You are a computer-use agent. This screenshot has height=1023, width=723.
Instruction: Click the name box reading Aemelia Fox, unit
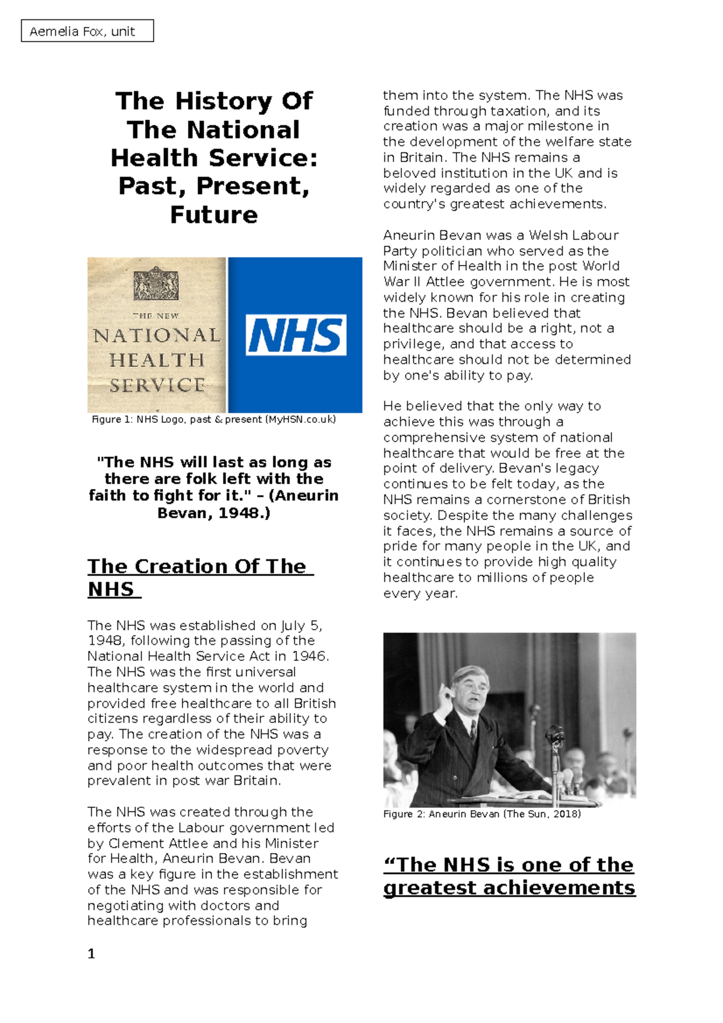coord(87,31)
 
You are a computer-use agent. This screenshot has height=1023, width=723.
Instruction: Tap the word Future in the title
coord(214,215)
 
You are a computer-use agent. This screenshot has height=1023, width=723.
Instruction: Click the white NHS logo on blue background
coord(296,335)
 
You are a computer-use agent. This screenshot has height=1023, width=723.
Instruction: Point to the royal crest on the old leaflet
coord(156,284)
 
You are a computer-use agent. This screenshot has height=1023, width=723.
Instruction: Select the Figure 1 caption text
coord(214,419)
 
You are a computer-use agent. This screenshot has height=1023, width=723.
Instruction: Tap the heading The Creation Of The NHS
coord(199,577)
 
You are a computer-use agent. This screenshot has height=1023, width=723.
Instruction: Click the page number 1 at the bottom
coord(92,954)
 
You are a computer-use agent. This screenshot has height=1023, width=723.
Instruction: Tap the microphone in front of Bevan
coord(555,736)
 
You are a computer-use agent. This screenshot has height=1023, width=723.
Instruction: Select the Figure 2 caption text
coord(482,814)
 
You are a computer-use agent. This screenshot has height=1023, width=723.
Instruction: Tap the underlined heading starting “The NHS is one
coord(509,876)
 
